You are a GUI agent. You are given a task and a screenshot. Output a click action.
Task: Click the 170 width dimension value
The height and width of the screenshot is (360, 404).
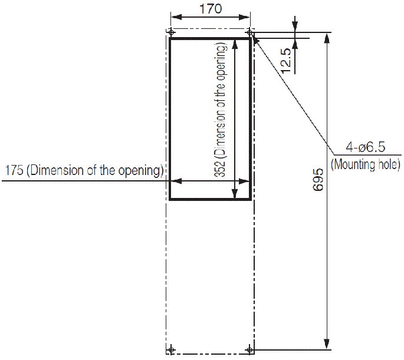[x=210, y=9]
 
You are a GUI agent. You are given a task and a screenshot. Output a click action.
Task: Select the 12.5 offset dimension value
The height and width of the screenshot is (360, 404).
[x=286, y=60]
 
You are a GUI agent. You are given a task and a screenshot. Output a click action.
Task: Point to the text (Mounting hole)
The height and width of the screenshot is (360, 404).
[x=366, y=164]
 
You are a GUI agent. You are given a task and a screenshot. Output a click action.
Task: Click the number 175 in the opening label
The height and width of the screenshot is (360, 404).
[x=13, y=171]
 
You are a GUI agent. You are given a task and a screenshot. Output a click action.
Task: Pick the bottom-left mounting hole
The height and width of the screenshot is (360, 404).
[x=171, y=350]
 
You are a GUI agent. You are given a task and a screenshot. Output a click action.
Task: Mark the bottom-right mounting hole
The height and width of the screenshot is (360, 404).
[x=250, y=350]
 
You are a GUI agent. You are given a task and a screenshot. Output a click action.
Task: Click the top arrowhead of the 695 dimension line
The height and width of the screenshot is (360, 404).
[x=326, y=37]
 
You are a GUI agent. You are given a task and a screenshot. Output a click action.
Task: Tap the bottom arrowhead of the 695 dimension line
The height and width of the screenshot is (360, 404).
[x=326, y=345]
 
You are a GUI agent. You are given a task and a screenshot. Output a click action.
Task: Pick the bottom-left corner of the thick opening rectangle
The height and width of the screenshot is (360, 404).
[x=170, y=199]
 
